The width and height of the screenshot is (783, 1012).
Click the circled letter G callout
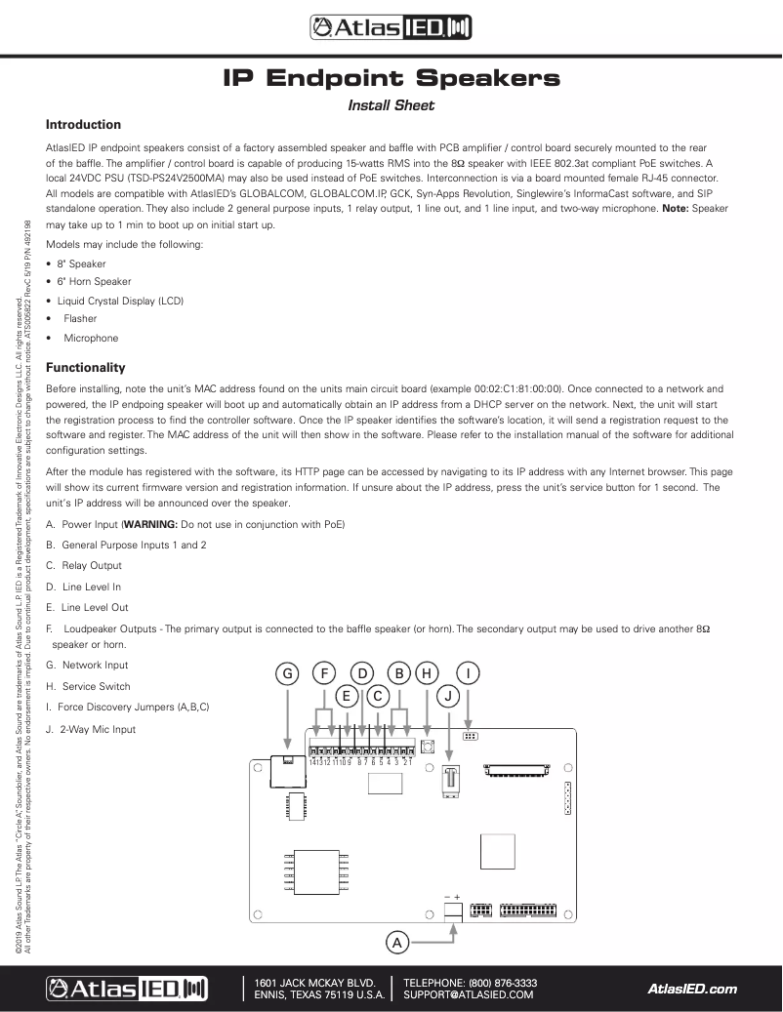[x=287, y=672]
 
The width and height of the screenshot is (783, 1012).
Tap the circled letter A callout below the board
[x=396, y=943]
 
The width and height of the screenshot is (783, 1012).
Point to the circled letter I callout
[x=470, y=672]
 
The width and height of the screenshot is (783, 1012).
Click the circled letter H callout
[x=427, y=672]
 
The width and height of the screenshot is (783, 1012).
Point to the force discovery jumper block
[x=470, y=736]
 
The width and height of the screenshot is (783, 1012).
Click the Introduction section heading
[x=84, y=125]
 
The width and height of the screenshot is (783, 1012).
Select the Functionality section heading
[x=86, y=368]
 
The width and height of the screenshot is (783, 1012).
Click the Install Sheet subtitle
[x=391, y=105]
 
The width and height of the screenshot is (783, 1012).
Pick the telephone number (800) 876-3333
[x=503, y=983]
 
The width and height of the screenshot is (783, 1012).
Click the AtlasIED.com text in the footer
[x=692, y=989]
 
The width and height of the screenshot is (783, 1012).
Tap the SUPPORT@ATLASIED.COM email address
[x=469, y=994]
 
